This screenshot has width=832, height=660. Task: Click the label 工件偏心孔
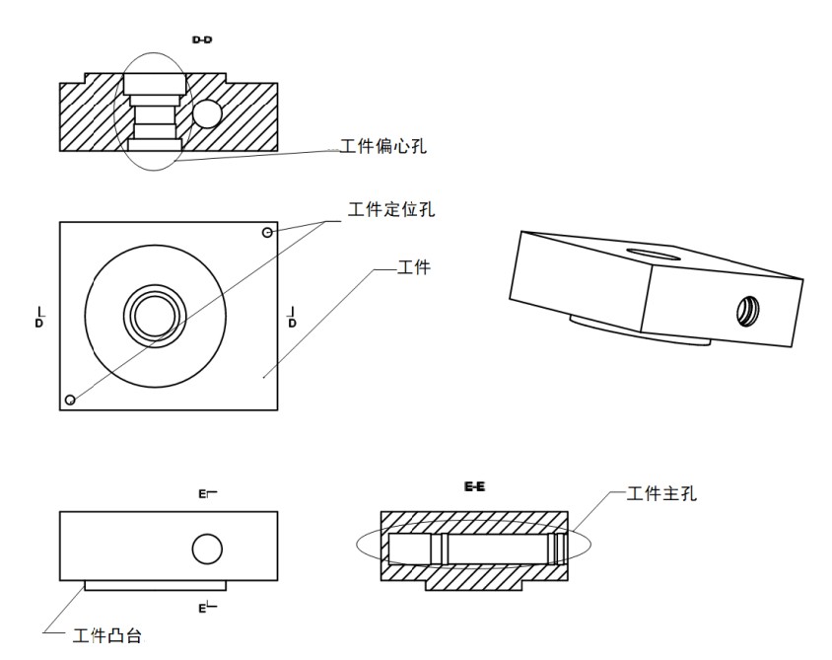pos(383,146)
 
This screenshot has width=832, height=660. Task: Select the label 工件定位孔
pos(391,209)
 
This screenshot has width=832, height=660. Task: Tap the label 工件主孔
pos(662,493)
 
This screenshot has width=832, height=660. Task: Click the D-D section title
pos(202,39)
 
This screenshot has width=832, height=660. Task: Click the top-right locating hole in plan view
pos(267,233)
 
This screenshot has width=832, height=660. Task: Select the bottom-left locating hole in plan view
pos(70,399)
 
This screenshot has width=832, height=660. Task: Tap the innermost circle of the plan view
pos(155,316)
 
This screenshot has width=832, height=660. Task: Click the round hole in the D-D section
pos(207,114)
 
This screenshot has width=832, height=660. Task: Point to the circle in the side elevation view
pos(207,549)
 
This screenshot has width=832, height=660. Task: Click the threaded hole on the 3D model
pos(748,312)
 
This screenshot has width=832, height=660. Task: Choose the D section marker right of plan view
pos(291,318)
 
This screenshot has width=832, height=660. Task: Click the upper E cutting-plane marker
pos(204,493)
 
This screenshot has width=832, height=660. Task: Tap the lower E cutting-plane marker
pos(204,607)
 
